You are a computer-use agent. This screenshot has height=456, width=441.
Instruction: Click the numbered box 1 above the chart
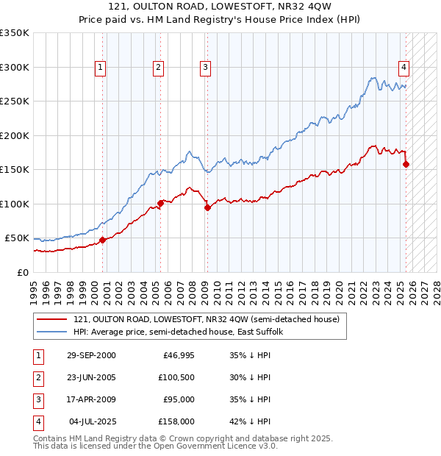[x=100, y=68]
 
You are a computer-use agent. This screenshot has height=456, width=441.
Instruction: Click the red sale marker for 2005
[x=160, y=203]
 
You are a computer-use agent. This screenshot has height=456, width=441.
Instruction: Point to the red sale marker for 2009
[x=207, y=207]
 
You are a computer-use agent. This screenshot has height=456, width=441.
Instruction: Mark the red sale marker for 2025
[x=406, y=164]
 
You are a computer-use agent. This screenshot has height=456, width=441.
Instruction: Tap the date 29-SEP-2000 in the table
[x=91, y=355]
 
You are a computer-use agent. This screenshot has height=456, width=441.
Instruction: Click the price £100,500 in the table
[x=176, y=377]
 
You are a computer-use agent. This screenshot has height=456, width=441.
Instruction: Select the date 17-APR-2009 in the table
[x=91, y=399]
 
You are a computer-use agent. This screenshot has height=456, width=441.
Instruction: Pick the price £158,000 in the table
[x=176, y=421]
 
